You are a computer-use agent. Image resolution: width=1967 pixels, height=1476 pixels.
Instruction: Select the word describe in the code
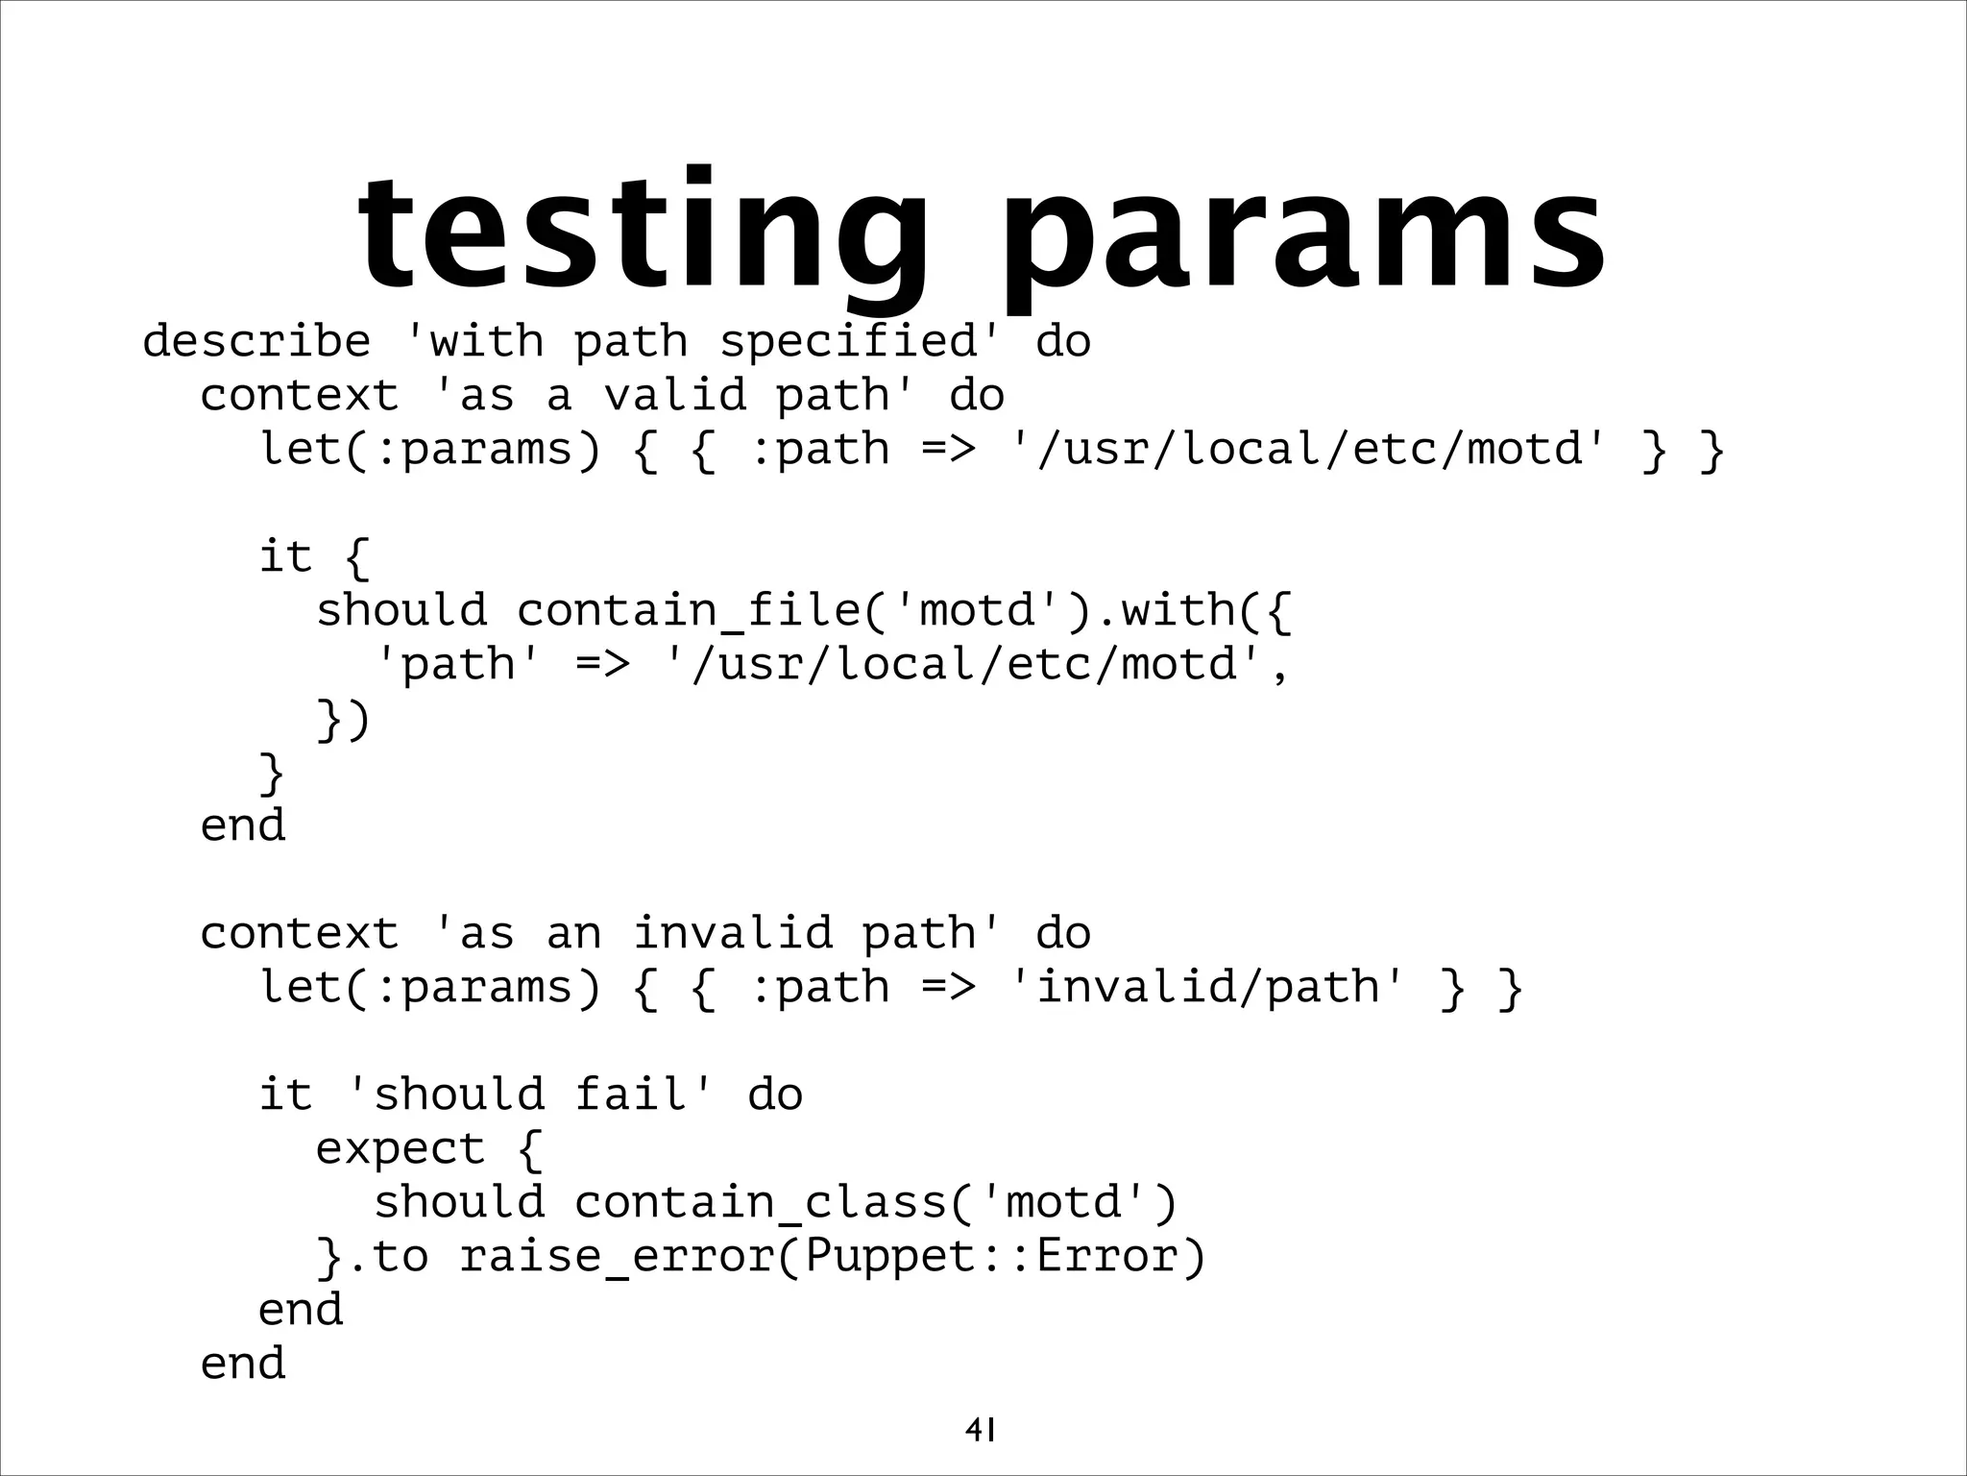pos(256,341)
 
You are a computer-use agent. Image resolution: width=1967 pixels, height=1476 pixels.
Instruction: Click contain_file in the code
pos(692,610)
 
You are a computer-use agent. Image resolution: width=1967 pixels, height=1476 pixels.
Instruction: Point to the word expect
pos(401,1148)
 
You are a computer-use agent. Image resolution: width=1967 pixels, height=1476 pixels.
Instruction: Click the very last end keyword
pos(243,1364)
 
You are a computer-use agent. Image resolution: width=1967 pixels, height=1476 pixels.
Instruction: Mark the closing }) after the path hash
pos(343,720)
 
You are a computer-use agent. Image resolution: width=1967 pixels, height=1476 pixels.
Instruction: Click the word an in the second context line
pos(573,933)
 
